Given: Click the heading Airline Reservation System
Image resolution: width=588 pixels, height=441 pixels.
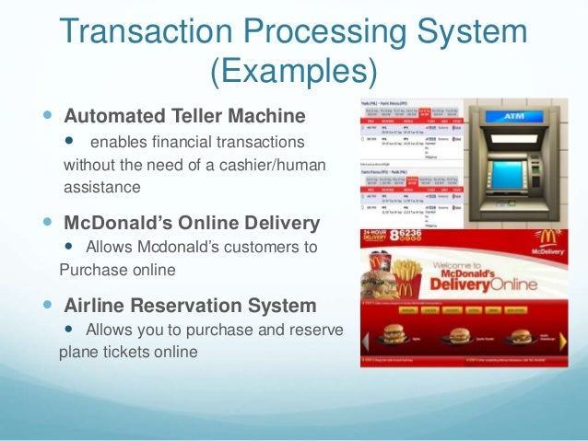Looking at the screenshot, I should pos(190,305).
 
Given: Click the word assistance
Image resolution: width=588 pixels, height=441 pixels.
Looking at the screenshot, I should pos(101,188).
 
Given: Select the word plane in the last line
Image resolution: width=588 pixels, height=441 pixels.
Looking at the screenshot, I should pos(77,352).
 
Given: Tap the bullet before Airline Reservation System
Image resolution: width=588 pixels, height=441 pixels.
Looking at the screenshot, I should pos(49,305).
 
